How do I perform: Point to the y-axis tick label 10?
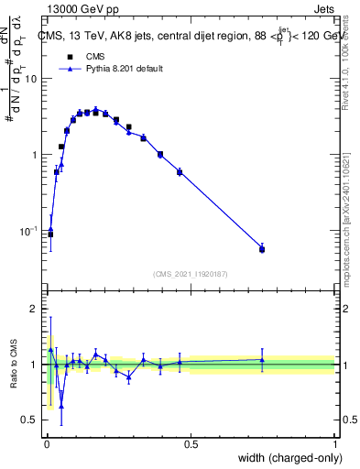click(x=32, y=79)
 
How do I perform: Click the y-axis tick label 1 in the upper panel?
click(x=36, y=155)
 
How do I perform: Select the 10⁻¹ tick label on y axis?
click(x=30, y=231)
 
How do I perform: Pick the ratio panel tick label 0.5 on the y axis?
click(x=30, y=420)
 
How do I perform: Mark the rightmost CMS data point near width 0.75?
click(x=262, y=249)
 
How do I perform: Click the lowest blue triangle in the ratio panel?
click(x=61, y=406)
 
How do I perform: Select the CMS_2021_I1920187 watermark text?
click(x=191, y=273)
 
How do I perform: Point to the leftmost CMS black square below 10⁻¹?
click(x=50, y=234)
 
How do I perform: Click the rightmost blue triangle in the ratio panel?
click(x=262, y=359)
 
